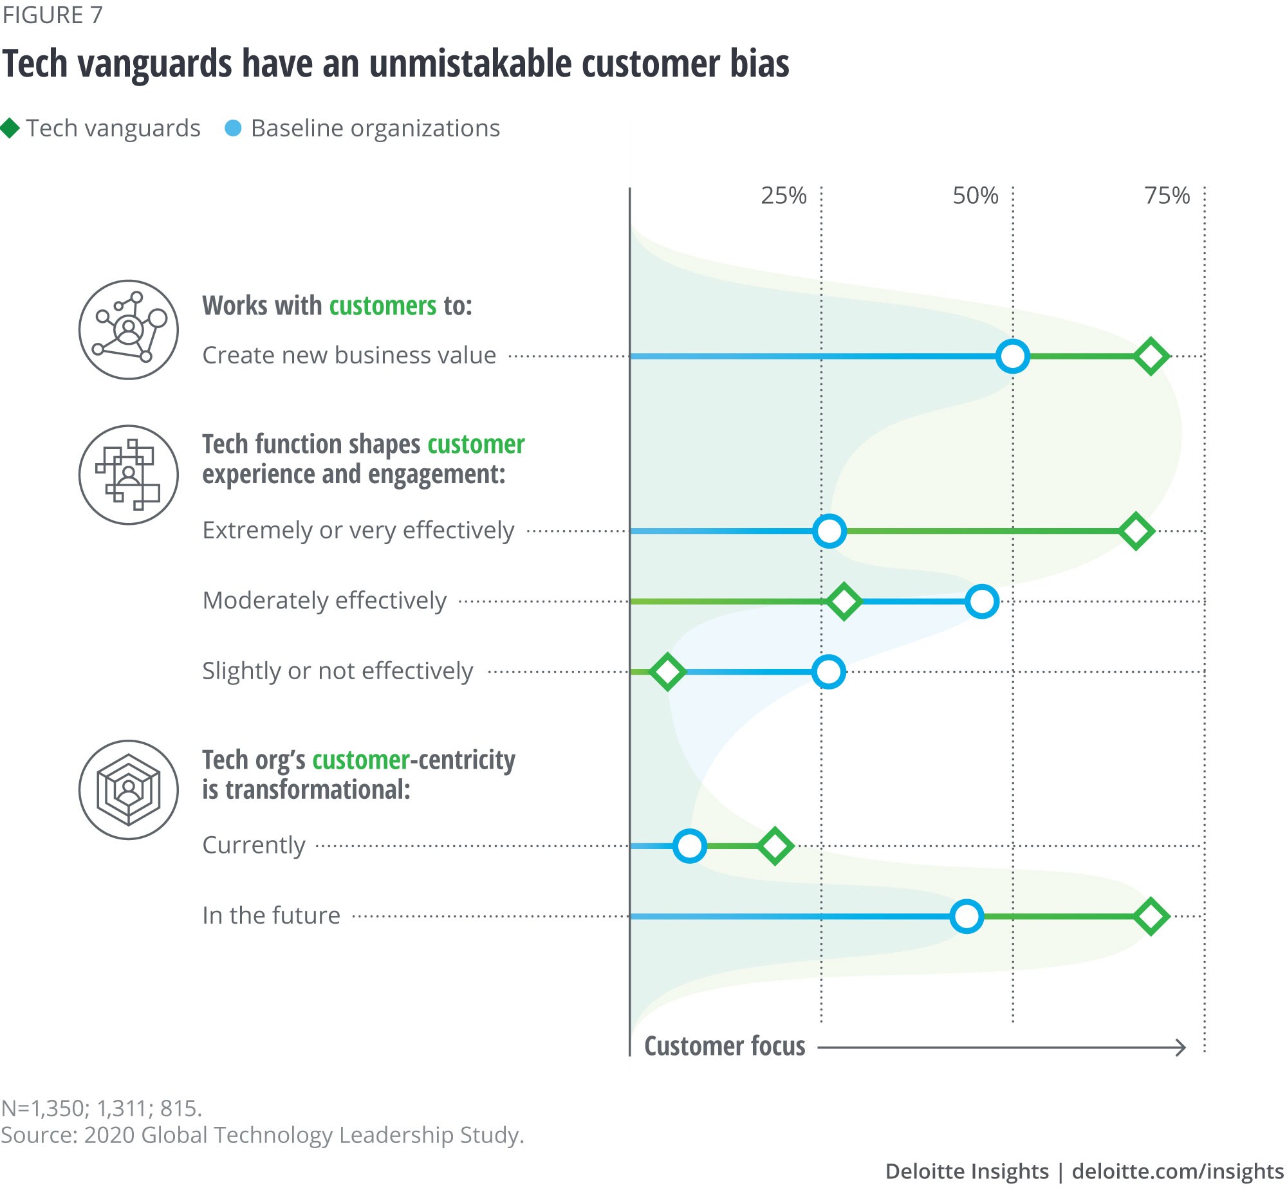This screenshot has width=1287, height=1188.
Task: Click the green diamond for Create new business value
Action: pyautogui.click(x=1151, y=356)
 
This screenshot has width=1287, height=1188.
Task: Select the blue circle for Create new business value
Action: pyautogui.click(x=1012, y=356)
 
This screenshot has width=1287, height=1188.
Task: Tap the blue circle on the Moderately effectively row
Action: pyautogui.click(x=982, y=601)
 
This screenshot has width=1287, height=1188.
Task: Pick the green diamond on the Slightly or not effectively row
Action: pyautogui.click(x=667, y=672)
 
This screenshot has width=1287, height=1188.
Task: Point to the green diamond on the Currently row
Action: pyautogui.click(x=775, y=846)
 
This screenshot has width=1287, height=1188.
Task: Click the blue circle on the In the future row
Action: pyautogui.click(x=967, y=916)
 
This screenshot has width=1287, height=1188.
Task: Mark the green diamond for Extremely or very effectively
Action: pyautogui.click(x=1136, y=531)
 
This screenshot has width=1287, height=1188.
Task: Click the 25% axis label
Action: pyautogui.click(x=783, y=196)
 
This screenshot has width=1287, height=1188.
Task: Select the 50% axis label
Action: pyautogui.click(x=975, y=196)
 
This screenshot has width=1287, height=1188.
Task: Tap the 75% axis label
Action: pyautogui.click(x=1167, y=196)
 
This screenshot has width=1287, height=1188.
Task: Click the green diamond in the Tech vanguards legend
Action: pyautogui.click(x=10, y=128)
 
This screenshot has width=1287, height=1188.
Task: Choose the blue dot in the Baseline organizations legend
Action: pyautogui.click(x=233, y=128)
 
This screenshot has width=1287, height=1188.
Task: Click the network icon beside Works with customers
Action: pyautogui.click(x=129, y=329)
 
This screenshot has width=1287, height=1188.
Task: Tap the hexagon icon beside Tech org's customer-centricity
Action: pyautogui.click(x=129, y=789)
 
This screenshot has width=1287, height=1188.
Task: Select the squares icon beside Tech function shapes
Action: pyautogui.click(x=129, y=475)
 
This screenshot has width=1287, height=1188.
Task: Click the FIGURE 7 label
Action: pyautogui.click(x=52, y=15)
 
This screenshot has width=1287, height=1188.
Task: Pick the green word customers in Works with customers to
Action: pyautogui.click(x=383, y=306)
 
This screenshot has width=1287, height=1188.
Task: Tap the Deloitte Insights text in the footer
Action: pyautogui.click(x=967, y=1171)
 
